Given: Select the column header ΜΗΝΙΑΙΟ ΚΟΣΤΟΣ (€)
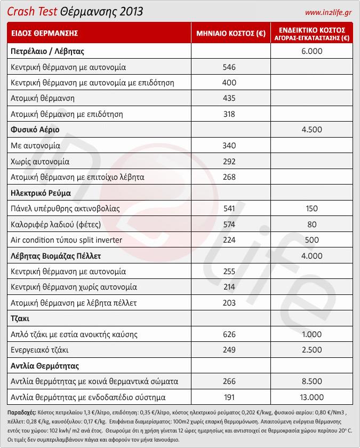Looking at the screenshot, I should click(x=231, y=33).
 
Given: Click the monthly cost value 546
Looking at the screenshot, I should click(x=229, y=67).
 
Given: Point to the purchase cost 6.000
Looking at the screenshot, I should click(x=312, y=51).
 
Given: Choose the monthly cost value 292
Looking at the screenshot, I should click(x=229, y=161).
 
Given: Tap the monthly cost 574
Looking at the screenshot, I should click(x=229, y=224).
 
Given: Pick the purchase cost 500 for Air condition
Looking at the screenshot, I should click(x=312, y=240).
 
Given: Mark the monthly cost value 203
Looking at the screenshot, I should click(x=229, y=303).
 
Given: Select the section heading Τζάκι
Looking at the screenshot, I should click(x=20, y=318).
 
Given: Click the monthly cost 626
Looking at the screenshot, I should click(x=229, y=334).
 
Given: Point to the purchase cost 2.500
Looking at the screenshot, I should click(x=312, y=350).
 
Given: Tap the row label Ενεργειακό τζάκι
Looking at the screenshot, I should click(x=40, y=350).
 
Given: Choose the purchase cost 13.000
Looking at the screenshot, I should click(x=312, y=397).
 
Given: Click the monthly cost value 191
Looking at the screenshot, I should click(x=229, y=397).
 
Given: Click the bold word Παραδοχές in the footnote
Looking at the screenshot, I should click(x=22, y=413).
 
